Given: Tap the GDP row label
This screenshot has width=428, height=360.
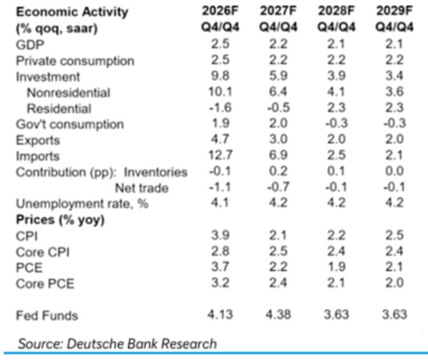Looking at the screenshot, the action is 30,45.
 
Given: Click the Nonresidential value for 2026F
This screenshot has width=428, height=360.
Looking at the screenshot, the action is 220,92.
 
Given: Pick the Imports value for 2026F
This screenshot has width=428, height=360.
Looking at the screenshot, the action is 220,155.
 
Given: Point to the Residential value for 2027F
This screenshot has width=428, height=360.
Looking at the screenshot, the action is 278,107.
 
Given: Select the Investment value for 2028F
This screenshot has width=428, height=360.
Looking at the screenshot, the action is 336,76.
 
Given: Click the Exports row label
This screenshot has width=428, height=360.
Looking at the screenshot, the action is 38,140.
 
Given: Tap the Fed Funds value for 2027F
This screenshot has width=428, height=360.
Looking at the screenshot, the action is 278,315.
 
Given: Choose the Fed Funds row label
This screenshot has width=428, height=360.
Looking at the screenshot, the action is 47,315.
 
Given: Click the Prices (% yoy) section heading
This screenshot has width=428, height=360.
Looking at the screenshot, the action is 60,220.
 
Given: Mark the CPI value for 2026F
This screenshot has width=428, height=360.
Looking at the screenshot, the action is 220,235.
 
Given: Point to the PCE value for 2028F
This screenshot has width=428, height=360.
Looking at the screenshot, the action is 336,267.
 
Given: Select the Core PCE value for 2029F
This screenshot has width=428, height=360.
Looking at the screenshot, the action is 394,283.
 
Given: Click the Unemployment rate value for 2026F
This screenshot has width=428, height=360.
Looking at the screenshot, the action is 220,202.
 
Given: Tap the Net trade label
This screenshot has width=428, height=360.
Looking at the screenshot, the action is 142,188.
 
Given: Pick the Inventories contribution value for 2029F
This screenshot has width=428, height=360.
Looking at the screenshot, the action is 394,171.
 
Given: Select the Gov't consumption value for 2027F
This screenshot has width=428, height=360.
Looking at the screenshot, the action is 278,123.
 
